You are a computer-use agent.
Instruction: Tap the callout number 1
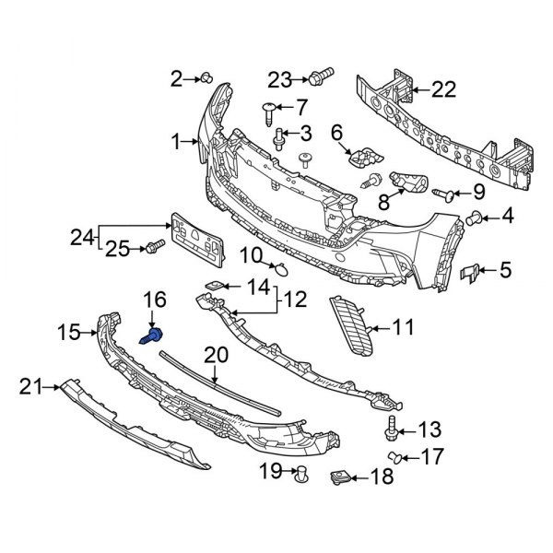(x=176, y=143)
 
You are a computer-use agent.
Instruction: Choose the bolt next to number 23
(x=323, y=76)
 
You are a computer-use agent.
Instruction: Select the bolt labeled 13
(x=391, y=429)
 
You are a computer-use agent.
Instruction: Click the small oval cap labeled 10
(x=283, y=269)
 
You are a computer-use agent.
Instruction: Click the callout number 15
(x=70, y=330)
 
